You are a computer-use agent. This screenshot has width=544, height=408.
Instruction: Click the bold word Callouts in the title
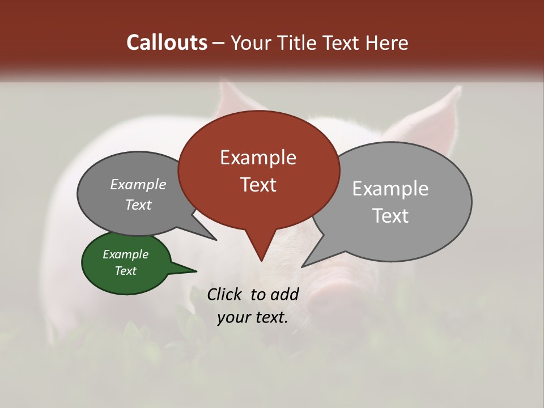pos(167,42)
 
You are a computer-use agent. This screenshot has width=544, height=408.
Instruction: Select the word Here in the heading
pos(386,42)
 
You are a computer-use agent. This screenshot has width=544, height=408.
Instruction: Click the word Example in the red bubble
pos(258,158)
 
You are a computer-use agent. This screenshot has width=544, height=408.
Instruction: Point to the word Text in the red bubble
pos(258,184)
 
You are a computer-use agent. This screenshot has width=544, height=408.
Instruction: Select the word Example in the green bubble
pos(125,254)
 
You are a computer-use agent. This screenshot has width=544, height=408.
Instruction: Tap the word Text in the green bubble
pos(125,271)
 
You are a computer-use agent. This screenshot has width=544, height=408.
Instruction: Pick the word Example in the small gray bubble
pos(138,184)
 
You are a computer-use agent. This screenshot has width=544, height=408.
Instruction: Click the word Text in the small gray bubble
pos(138,205)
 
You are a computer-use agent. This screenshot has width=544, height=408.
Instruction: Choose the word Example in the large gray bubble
pos(390,189)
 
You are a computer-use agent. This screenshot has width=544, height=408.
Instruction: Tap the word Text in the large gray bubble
pos(390,216)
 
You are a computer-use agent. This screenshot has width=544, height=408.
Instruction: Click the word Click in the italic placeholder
pos(226,294)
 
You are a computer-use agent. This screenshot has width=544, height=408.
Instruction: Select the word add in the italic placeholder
pos(284,294)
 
